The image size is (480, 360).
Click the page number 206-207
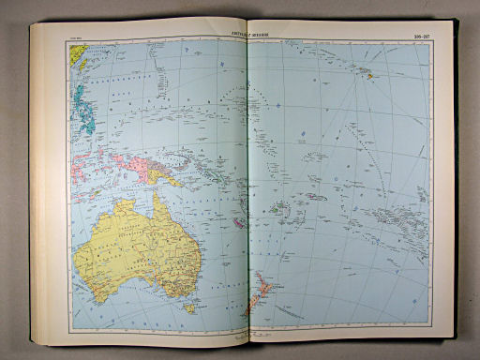pos(412,37)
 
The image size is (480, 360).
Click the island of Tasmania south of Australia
pos(189,307)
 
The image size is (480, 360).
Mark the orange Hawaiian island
pos(371,77)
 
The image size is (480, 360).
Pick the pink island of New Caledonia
pos(240,222)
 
